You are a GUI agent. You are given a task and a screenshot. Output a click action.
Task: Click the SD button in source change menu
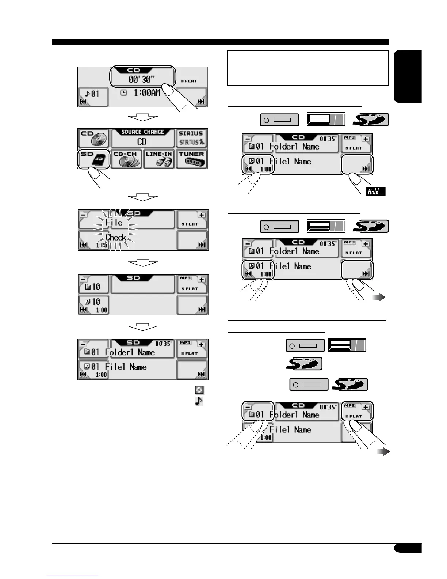94,159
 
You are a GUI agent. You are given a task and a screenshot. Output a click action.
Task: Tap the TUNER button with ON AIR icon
192,159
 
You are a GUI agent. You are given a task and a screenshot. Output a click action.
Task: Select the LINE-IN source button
159,159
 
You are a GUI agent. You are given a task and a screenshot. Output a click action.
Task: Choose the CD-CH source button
126,159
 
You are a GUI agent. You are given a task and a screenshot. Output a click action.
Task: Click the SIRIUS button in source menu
191,138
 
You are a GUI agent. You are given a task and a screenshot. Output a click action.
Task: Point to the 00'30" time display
141,79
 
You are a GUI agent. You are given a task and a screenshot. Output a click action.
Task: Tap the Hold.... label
376,192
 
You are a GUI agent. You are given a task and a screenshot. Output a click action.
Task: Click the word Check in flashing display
116,237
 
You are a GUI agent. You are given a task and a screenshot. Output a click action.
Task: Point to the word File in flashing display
114,222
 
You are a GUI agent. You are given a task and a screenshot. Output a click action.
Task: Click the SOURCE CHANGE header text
142,132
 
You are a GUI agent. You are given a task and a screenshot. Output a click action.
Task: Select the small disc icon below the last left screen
199,390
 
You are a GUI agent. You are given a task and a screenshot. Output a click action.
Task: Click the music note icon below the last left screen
199,401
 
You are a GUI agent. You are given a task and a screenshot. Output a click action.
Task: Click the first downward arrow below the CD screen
143,118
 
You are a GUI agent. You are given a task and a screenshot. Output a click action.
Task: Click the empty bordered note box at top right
307,68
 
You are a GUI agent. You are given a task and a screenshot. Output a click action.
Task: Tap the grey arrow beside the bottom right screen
383,452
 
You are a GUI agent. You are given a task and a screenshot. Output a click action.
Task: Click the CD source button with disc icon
94,138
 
